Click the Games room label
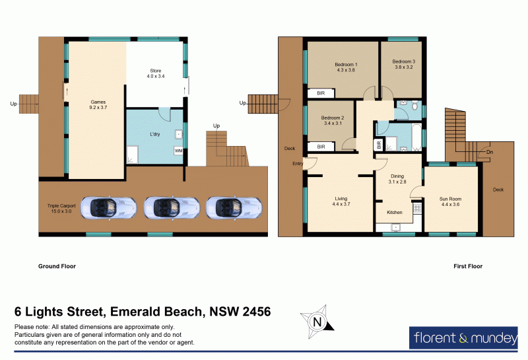(98, 106)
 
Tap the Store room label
(155, 74)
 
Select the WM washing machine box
(178, 151)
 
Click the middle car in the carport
(163, 208)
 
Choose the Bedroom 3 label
(404, 64)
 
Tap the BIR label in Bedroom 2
(321, 147)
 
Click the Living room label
(341, 201)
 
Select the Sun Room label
(451, 201)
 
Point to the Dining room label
(397, 179)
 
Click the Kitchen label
(395, 212)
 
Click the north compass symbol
(317, 322)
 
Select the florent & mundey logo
(465, 339)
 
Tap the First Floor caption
(467, 267)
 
